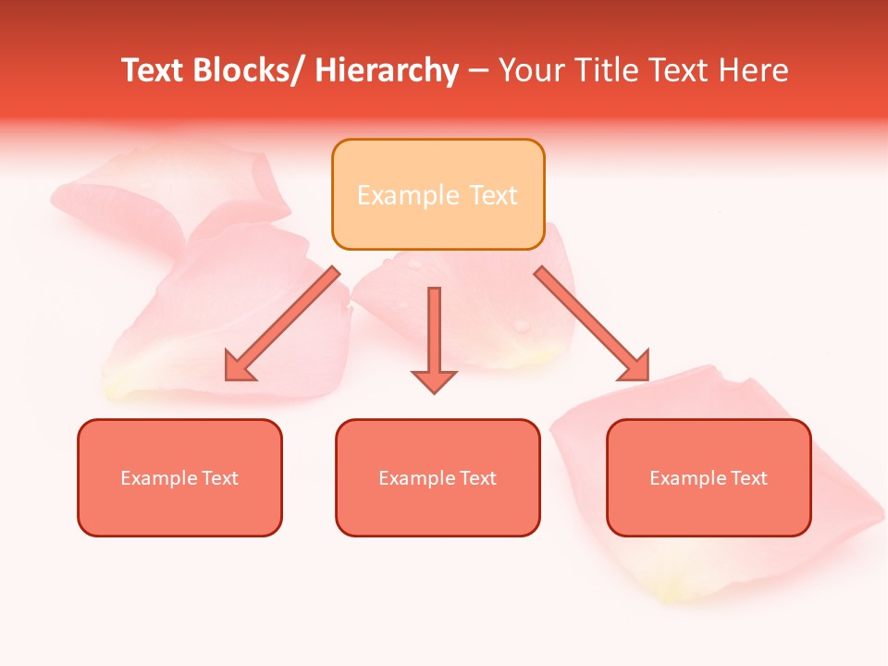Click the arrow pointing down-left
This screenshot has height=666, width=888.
tap(282, 324)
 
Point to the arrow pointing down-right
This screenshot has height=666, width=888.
tap(592, 324)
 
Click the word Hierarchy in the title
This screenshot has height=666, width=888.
tap(386, 71)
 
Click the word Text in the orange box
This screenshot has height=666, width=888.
tap(493, 195)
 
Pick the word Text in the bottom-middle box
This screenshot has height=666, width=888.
tap(476, 478)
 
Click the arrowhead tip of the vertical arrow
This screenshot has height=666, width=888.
tap(434, 392)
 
